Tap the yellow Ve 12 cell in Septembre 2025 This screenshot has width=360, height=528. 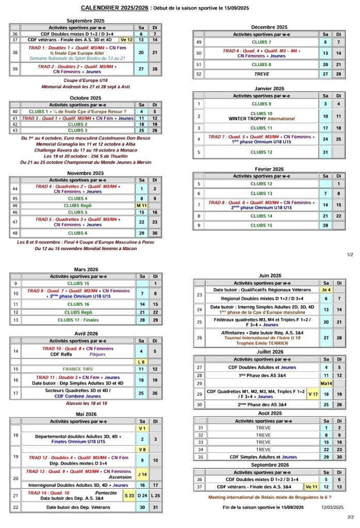point(126,39)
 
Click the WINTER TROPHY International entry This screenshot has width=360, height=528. point(261,119)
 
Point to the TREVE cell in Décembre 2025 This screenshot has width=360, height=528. point(261,74)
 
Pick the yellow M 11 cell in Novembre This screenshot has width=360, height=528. point(141,205)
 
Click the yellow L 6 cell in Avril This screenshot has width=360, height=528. point(141,361)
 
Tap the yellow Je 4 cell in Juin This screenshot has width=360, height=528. point(326,290)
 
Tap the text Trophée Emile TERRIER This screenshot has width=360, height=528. point(261,343)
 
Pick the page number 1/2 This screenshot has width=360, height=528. point(350,254)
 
